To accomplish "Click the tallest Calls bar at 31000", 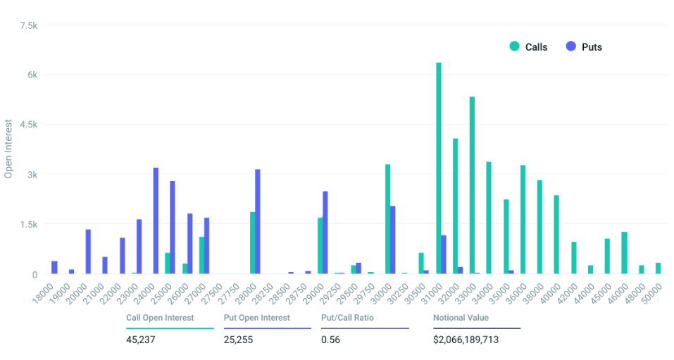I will [439, 169].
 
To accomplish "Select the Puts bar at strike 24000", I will [156, 221].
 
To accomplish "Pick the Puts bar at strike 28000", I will [258, 222].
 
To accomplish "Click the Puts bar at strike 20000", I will [88, 252].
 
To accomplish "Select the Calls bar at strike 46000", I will [624, 253].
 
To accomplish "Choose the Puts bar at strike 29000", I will [325, 232].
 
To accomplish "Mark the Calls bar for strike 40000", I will [556, 235].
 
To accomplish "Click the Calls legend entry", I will [528, 47].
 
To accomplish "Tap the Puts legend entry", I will [584, 47].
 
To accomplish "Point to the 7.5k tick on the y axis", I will [29, 25].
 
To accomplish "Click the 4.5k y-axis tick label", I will [29, 125].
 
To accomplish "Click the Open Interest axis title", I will [8, 149].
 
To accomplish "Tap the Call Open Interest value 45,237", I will [140, 340].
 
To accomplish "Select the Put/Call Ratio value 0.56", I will [330, 340].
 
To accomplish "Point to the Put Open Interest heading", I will [256, 318].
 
